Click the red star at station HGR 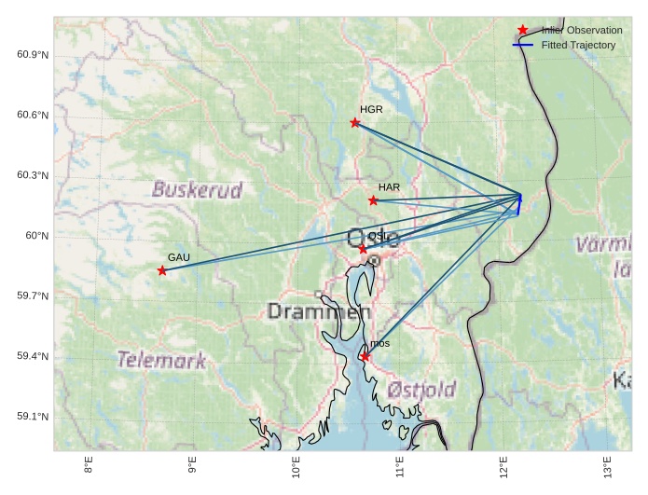tap(355, 123)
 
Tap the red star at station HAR tap(374, 200)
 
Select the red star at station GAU tap(162, 270)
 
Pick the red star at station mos tap(365, 357)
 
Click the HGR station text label tap(371, 110)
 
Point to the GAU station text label tap(178, 257)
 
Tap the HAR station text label tap(389, 187)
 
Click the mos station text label tap(379, 344)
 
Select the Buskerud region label tap(197, 190)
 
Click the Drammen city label tap(312, 311)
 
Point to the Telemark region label tap(161, 360)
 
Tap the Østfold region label tap(421, 389)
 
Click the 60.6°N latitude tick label tap(33, 116)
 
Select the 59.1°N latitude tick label tap(33, 417)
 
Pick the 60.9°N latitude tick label tap(33, 55)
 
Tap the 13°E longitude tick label tap(606, 467)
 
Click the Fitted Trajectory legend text tap(578, 45)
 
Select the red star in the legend tap(522, 30)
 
